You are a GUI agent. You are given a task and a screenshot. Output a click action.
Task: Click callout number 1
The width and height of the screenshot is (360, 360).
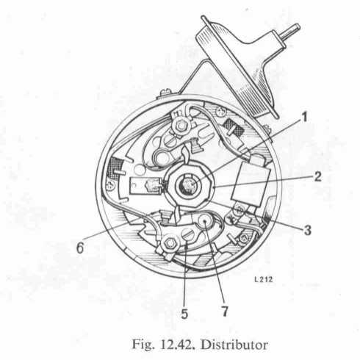[x=304, y=118]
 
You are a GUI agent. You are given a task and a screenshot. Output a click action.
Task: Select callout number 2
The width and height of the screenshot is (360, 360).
[x=317, y=177]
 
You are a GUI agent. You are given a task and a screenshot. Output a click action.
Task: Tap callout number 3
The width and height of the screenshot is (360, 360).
[x=307, y=231]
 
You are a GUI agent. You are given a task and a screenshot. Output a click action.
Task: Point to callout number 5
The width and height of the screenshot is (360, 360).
[x=184, y=314]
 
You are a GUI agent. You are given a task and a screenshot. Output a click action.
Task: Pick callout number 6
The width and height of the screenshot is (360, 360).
[x=80, y=248]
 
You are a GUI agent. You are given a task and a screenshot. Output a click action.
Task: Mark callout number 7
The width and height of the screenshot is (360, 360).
[x=224, y=312]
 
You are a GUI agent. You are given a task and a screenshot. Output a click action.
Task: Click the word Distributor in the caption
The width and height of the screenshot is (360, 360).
[x=234, y=345]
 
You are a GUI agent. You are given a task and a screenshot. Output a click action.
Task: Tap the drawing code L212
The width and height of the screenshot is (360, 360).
[x=264, y=279]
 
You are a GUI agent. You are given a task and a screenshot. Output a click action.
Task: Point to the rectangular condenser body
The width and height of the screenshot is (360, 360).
[x=251, y=183]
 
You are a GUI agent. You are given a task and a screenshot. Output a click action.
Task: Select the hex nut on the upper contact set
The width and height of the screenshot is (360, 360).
[x=181, y=126]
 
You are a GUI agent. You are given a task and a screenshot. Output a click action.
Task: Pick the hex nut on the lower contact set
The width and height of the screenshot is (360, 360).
[x=169, y=243]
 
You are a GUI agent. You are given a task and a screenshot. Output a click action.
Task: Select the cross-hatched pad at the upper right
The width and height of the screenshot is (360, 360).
[x=233, y=128]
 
